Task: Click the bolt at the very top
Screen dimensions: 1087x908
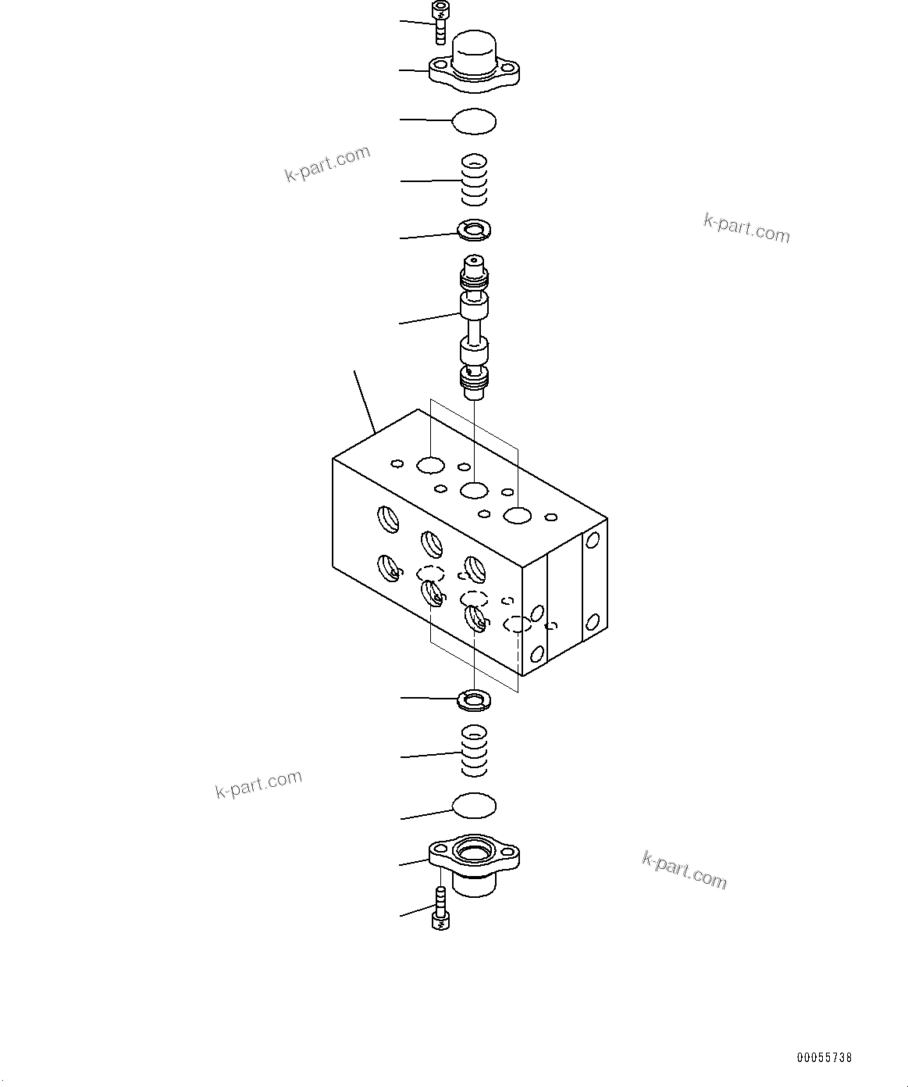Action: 440,23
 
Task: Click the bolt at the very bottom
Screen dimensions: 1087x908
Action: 440,911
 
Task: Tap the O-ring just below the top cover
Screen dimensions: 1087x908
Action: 474,121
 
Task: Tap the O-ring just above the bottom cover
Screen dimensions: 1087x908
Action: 474,806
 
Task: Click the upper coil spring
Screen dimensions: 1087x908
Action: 474,181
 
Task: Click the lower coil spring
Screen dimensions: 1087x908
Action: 474,751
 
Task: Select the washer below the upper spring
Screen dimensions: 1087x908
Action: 474,229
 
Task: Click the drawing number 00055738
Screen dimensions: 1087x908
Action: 824,1058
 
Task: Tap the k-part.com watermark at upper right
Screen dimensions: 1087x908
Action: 746,228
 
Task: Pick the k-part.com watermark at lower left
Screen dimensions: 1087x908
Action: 258,784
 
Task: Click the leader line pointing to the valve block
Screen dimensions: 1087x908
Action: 365,402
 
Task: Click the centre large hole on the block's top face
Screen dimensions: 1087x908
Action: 474,491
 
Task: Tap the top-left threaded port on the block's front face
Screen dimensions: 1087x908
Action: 387,518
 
